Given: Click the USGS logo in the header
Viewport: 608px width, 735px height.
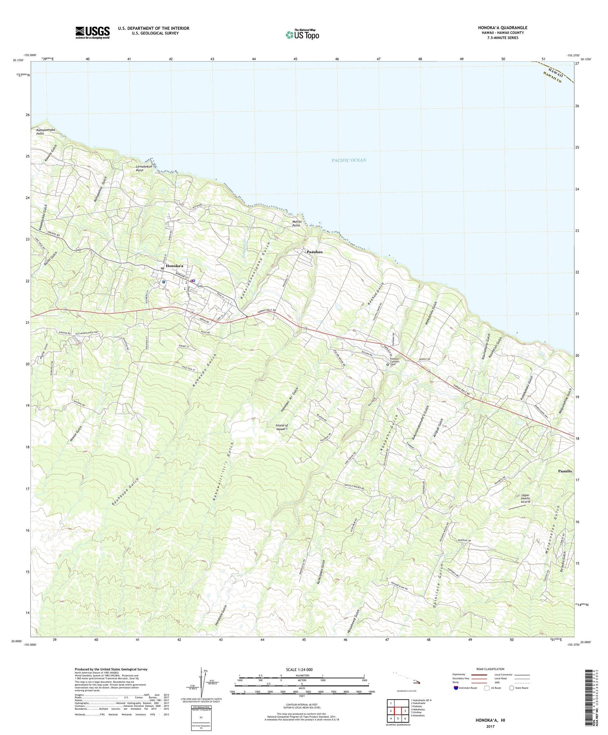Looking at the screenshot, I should (x=93, y=32).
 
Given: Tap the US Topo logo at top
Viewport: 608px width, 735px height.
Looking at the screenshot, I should (x=302, y=35).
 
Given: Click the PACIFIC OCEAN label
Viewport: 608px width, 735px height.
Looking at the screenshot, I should (x=348, y=160).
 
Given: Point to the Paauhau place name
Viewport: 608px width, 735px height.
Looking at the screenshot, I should (x=315, y=252).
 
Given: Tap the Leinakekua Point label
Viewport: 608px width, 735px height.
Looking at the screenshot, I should (x=146, y=168).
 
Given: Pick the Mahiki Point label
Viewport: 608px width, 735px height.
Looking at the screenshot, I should (x=296, y=224).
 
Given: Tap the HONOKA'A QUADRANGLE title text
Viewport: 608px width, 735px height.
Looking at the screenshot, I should (x=502, y=28).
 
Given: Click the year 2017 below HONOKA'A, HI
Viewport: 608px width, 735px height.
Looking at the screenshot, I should (x=490, y=726).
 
